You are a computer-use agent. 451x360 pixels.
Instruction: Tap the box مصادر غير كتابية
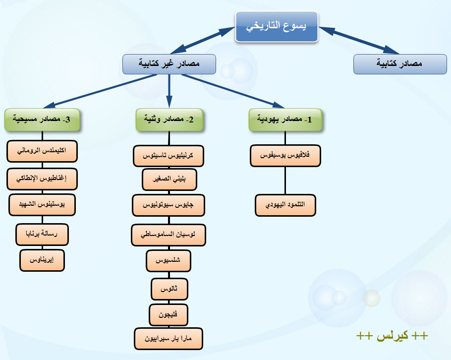pos(169,64)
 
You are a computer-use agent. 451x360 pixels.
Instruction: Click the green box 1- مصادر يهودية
pos(285,120)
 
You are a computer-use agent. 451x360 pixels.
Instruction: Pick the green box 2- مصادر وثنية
pos(169,120)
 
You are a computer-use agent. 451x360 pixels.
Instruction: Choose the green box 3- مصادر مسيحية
pos(43,120)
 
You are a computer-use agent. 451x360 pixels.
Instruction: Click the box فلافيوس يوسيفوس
pos(285,155)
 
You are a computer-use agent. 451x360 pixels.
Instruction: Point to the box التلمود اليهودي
pos(285,205)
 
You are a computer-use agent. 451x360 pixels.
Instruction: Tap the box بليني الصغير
pos(169,180)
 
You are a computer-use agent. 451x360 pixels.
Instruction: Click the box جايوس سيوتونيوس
pos(169,204)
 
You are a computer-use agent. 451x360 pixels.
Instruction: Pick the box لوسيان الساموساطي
pos(169,235)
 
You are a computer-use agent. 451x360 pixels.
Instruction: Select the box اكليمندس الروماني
pos(43,151)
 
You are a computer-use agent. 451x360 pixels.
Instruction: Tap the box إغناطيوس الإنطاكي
pos(43,179)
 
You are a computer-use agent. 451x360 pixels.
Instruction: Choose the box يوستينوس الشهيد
pos(43,205)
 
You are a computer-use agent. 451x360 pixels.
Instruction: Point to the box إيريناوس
pos(43,260)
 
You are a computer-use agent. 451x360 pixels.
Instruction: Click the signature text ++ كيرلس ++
pos(392,336)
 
